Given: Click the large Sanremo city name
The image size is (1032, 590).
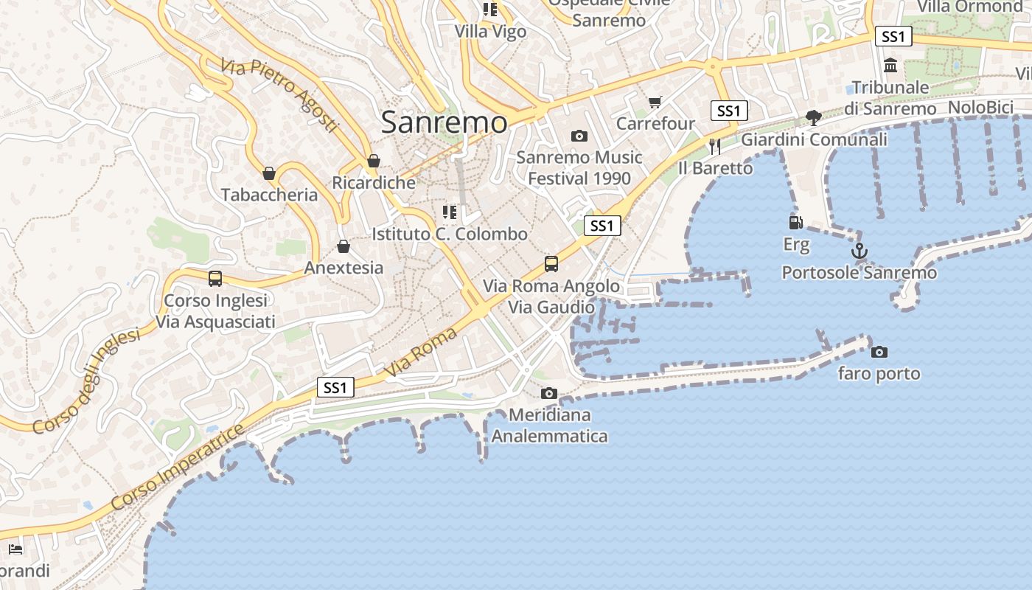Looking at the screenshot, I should coord(444,122).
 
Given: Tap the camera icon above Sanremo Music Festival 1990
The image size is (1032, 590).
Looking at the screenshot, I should coord(579,136).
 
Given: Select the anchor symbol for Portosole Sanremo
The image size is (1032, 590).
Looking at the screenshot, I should coord(860,251).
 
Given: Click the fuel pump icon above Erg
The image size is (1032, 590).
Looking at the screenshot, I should coord(796,223).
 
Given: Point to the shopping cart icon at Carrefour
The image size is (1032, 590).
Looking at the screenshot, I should coord(655,102).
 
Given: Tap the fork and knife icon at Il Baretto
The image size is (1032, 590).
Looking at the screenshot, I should coord(714,146).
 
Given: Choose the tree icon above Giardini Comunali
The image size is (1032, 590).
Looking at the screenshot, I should coord(814,118).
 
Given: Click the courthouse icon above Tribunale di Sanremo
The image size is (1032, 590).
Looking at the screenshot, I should coord(890,66).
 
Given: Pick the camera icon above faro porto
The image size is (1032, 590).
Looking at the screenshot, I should coord(879,352).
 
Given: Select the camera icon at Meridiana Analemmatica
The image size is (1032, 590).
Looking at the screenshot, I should coord(549,393).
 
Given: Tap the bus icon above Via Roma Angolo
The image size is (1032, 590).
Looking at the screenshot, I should coord(551,263).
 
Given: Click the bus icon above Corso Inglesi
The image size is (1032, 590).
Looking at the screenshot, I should coord(215,279).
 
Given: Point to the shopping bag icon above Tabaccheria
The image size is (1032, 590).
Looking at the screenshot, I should coord(269,173).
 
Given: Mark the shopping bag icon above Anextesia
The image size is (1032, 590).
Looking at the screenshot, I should coord(344,246).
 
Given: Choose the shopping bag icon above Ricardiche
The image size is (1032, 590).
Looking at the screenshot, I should coord(374,161).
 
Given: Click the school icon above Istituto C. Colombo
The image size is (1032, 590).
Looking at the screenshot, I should coord(449,212).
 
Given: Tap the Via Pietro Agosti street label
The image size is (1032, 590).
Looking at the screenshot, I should coord(279,96).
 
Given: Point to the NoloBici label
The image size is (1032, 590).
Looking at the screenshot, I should coord(980,108).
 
